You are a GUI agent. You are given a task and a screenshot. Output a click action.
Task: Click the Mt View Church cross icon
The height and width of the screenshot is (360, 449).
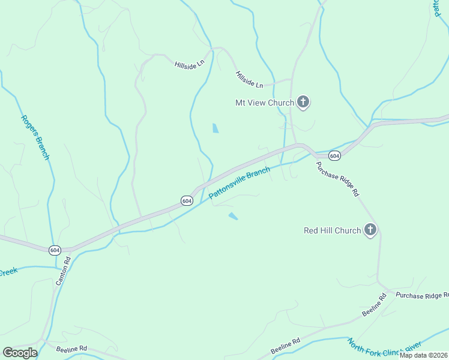pos(303,102)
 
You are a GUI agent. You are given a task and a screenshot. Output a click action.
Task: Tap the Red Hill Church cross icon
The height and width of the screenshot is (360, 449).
pos(370,230)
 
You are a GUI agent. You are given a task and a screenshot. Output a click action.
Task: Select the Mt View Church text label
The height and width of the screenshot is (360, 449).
pos(264,103)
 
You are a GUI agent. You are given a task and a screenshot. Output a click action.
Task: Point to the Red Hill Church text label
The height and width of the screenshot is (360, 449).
pos(332,230)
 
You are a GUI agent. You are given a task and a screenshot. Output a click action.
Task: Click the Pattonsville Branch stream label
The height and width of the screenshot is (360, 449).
pos(240,184)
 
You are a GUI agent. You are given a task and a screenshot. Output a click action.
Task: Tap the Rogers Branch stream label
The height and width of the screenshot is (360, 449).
pos(35,137)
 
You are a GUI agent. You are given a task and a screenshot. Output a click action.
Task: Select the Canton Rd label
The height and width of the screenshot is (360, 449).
pos(63,271)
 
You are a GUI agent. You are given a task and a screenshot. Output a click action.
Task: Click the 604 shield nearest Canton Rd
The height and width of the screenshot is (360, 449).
pos(55,250)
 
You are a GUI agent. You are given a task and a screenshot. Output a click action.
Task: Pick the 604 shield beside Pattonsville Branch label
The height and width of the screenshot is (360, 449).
pos(187,200)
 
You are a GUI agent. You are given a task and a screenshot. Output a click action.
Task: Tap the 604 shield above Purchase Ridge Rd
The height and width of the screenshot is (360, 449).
pos(335,156)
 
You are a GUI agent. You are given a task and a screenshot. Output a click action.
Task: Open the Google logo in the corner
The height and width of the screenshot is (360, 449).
pos(20,353)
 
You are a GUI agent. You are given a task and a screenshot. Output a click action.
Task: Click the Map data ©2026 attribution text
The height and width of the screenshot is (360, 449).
pos(423,355)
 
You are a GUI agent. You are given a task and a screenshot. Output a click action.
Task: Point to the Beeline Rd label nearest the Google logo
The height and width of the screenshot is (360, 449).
pos(71,349)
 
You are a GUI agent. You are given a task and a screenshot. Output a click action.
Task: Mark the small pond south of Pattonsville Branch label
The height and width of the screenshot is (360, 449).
pos(233,216)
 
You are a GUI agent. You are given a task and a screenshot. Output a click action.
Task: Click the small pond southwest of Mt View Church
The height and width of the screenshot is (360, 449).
pos(215,128)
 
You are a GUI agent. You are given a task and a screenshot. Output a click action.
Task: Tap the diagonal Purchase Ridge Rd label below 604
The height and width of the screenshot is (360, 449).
pos(338,179)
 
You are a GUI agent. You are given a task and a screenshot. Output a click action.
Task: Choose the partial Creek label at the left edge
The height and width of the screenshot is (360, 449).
pos(8,272)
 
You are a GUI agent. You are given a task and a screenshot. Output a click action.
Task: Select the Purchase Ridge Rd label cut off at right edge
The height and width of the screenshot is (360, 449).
pos(421,295)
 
